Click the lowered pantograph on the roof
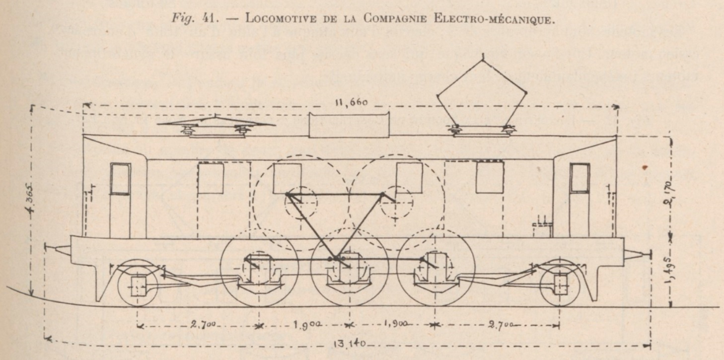click(215, 126)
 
